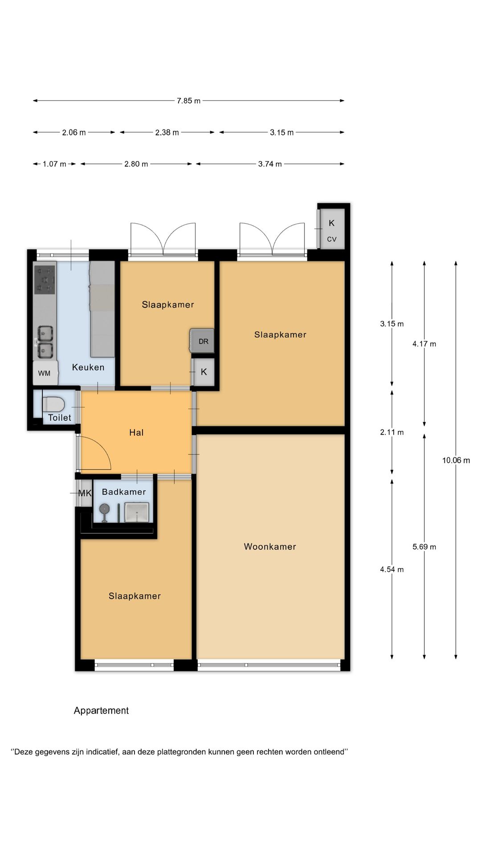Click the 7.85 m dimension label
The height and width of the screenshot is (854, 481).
coord(188,101)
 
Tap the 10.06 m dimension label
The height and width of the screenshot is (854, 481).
coord(456,460)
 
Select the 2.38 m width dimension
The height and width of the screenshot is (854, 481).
coord(167,133)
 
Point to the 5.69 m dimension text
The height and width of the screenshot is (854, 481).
coord(424,547)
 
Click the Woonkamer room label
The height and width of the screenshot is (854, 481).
coord(270,547)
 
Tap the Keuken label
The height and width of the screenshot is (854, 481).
coord(88,367)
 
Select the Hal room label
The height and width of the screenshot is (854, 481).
coord(136,432)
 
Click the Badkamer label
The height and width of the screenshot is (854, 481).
coord(124,492)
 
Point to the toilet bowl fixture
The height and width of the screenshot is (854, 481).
coord(53,404)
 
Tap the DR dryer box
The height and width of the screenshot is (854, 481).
coord(202,341)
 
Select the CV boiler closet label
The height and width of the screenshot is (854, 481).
coord(331,239)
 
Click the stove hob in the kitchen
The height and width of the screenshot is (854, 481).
coord(45,279)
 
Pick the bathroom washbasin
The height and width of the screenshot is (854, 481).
coord(136,512)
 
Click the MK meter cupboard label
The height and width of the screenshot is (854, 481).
coord(85,493)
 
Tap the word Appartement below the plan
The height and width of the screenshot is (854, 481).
coord(101,710)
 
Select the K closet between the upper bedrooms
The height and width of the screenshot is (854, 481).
coord(204,372)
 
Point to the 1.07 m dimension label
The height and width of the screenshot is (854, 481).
coord(54,164)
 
